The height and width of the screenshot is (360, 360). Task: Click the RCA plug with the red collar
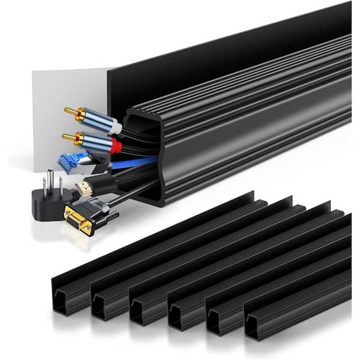(96, 143)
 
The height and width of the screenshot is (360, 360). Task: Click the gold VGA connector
(78, 219)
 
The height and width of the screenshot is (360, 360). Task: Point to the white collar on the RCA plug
(116, 127)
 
